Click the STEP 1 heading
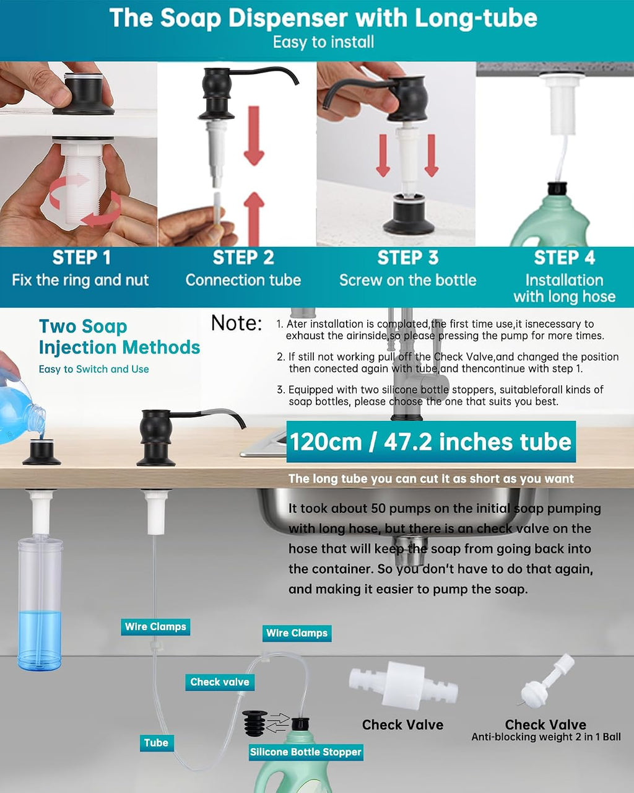pos(81,257)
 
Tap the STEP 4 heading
pos(565,257)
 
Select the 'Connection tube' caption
pos(243,280)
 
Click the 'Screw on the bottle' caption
pos(408,280)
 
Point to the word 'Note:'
pos(237,323)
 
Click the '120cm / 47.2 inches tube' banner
pos(431,442)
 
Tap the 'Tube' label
pos(156,743)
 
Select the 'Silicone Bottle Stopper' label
pos(305,751)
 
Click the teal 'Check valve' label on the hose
pos(220,681)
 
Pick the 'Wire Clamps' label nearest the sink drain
pos(297,633)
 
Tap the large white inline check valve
pos(403,685)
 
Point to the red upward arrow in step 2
pos(254,218)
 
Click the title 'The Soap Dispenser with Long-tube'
pos(323,18)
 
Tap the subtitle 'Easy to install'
pos(323,42)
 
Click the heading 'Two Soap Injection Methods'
pos(119,337)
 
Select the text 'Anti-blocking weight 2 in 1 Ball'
pos(546,737)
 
